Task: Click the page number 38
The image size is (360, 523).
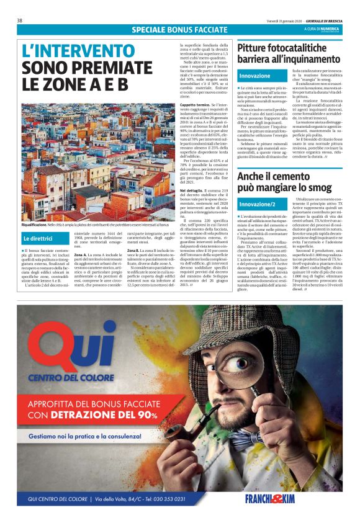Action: pyautogui.click(x=20, y=20)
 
